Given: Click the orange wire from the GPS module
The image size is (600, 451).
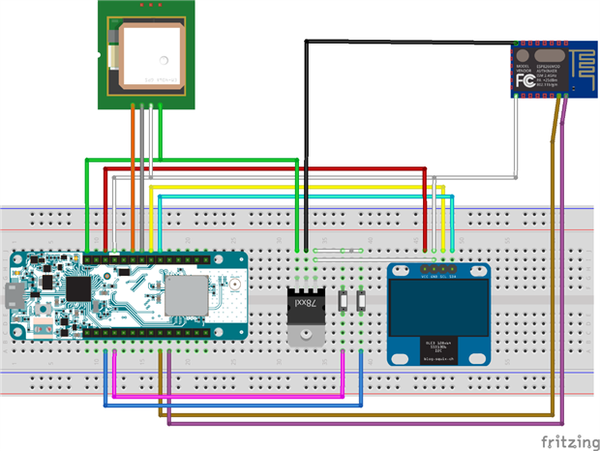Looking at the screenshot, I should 133,174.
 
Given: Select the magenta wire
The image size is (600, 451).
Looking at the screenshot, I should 223,395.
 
